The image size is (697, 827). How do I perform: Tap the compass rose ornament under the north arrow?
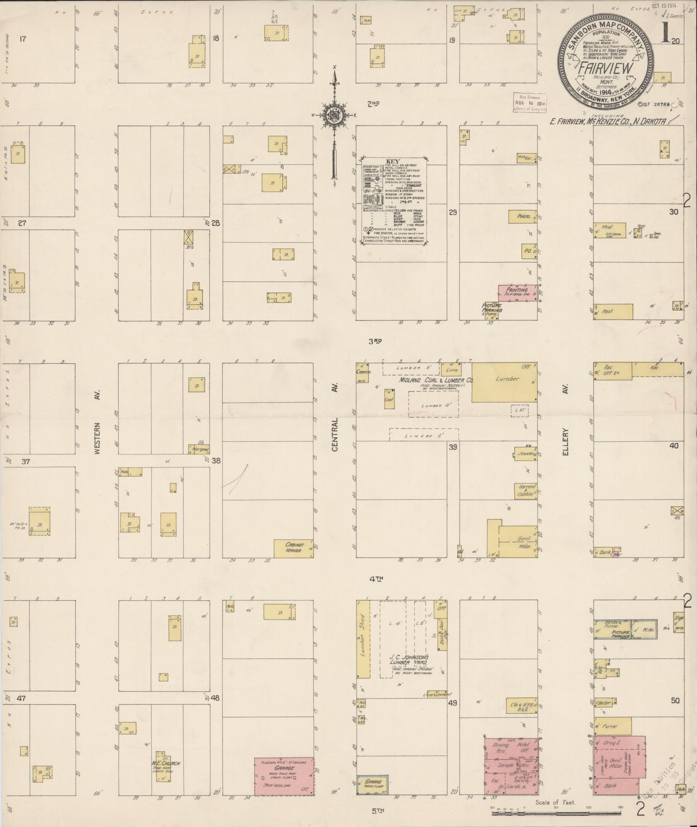click(334, 114)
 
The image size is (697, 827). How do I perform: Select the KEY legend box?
click(396, 200)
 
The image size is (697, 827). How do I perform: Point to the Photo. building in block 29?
click(523, 217)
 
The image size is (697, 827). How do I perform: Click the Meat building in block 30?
click(610, 229)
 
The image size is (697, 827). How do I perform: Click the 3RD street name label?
click(375, 341)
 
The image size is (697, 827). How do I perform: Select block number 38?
click(216, 461)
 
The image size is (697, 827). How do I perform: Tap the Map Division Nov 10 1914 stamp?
click(529, 103)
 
